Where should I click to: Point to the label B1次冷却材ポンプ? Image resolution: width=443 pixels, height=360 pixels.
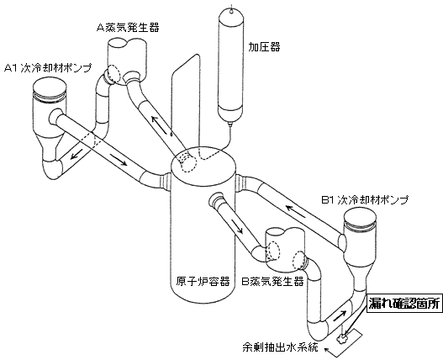(364, 200)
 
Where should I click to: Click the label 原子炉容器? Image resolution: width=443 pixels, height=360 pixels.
(200, 281)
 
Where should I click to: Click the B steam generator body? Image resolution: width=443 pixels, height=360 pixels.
(283, 245)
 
